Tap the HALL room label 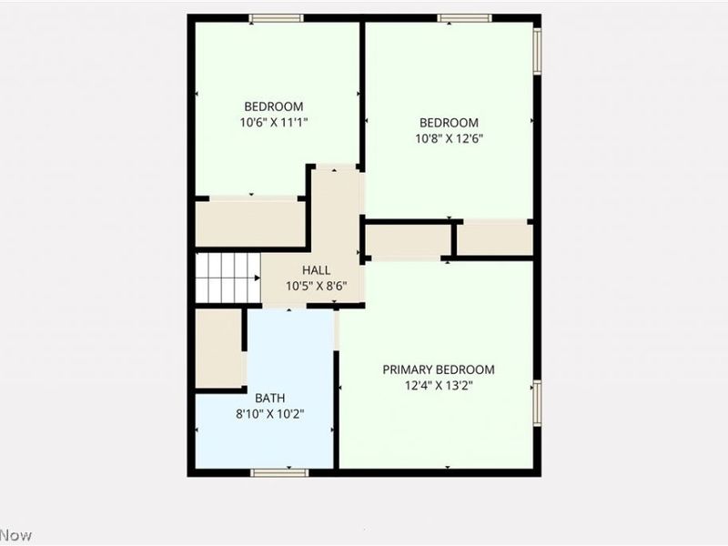point(316,270)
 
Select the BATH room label point(269,398)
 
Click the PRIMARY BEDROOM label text point(439,369)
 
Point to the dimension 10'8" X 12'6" point(449,139)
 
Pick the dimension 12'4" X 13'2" point(439,385)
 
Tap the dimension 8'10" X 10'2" point(269,413)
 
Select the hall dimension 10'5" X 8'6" point(316,286)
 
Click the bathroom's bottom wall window point(279,471)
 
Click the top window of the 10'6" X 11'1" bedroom point(277,17)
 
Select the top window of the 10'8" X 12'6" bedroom point(464,17)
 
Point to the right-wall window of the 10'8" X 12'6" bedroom point(537,52)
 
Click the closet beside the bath point(218,349)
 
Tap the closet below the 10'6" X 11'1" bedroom point(250,224)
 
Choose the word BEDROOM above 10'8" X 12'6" point(449,124)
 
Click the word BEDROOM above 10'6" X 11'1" point(273,106)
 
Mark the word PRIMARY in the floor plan point(408,369)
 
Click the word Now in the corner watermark point(15,535)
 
